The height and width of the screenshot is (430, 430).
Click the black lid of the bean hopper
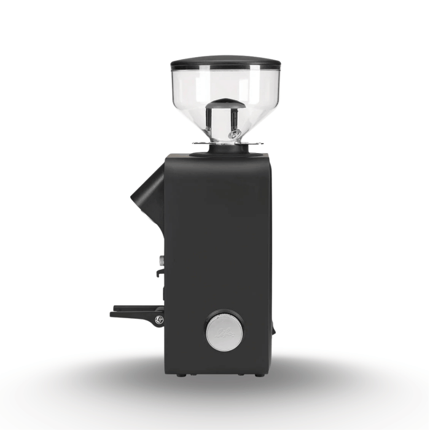225,63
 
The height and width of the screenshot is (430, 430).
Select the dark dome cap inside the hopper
225,104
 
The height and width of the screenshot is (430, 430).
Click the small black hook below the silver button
159,272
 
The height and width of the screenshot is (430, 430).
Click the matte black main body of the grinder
218,246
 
